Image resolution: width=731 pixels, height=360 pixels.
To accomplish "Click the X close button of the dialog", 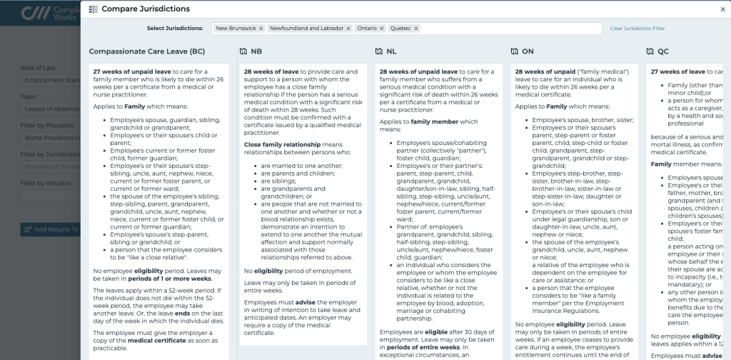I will [x=722, y=9].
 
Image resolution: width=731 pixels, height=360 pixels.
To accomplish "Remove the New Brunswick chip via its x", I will [x=261, y=28].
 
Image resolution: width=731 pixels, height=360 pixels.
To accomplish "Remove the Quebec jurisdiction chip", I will [x=415, y=28].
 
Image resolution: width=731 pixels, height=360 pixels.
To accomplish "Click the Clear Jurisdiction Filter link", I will [x=637, y=28].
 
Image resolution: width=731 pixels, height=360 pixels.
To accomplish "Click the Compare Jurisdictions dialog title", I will [x=145, y=9].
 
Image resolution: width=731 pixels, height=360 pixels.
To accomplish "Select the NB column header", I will [x=256, y=51].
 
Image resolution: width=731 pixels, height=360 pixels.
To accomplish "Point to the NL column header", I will [x=391, y=51].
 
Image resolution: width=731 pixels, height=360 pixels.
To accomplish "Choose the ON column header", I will [x=528, y=51].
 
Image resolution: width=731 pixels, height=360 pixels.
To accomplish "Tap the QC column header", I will [x=663, y=51].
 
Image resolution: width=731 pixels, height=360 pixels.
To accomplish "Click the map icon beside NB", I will [x=243, y=51].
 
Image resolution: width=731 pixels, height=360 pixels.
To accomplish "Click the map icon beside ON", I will [x=515, y=51].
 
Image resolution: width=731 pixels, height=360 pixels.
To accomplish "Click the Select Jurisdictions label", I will [x=175, y=28].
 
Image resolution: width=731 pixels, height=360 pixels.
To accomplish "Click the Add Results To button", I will [x=50, y=229].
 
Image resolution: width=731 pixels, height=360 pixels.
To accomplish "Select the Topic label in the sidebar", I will [x=29, y=96].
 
